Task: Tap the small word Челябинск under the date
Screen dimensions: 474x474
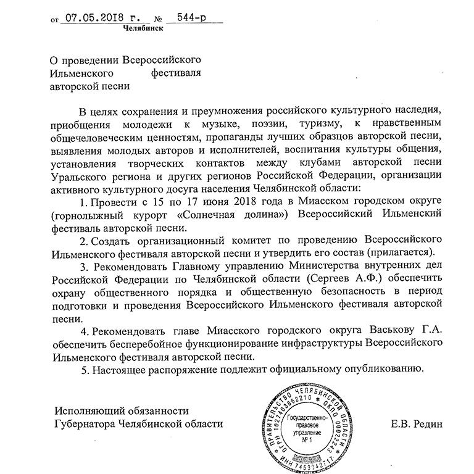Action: pos(143,28)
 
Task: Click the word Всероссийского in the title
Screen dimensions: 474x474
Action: pos(164,60)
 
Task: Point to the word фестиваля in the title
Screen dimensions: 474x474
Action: pos(177,73)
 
